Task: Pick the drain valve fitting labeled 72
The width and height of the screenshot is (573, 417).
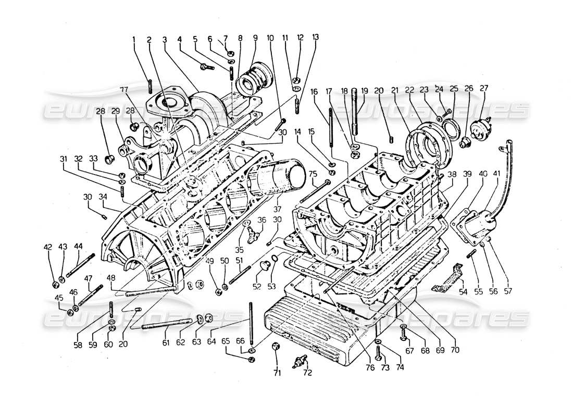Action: click(x=299, y=360)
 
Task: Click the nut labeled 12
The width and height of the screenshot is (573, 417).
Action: click(x=295, y=80)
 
